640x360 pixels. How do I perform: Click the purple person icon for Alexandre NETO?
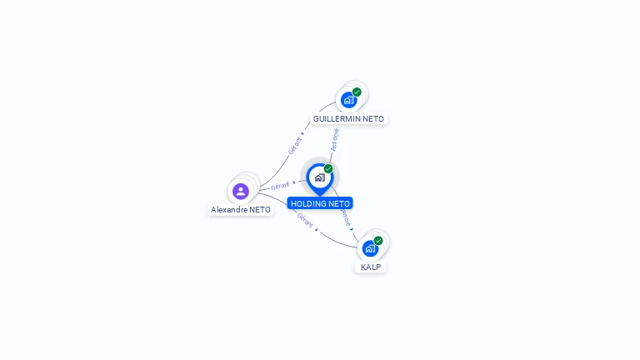tap(241, 191)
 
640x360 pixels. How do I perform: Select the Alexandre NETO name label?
tap(241, 210)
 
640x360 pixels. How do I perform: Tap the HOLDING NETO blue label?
tap(320, 203)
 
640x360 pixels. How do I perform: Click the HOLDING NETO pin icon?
tap(319, 177)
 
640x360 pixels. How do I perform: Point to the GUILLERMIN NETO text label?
tap(348, 119)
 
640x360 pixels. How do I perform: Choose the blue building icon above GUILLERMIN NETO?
tap(348, 100)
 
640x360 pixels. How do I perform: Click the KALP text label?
tap(371, 267)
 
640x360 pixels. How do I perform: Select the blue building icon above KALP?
tap(370, 248)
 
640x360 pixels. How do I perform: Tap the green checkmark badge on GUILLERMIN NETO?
tap(357, 92)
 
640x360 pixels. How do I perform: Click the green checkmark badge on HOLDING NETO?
tap(328, 169)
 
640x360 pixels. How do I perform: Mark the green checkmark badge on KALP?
tap(378, 241)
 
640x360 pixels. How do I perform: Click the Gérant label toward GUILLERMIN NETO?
tap(295, 146)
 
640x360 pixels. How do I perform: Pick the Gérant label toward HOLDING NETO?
tap(280, 186)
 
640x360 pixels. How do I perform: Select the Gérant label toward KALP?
tap(305, 221)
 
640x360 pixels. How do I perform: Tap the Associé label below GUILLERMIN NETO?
tap(335, 139)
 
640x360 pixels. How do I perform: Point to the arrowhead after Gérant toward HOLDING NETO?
tap(294, 182)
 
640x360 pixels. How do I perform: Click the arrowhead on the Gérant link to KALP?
tap(317, 229)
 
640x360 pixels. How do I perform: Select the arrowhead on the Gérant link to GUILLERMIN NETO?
tap(303, 133)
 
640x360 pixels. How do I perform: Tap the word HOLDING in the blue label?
tap(307, 203)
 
